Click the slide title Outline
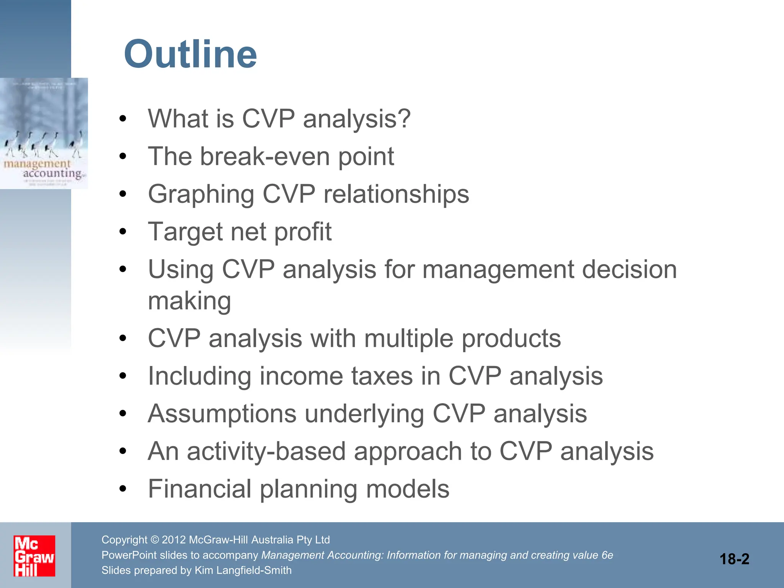click(x=190, y=54)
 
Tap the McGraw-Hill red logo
click(x=34, y=556)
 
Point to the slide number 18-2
click(x=734, y=559)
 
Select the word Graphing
click(x=201, y=194)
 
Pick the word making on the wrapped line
click(x=189, y=301)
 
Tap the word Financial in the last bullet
click(x=199, y=489)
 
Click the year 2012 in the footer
click(x=174, y=540)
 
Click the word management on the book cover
click(x=37, y=164)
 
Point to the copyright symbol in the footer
click(x=155, y=540)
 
